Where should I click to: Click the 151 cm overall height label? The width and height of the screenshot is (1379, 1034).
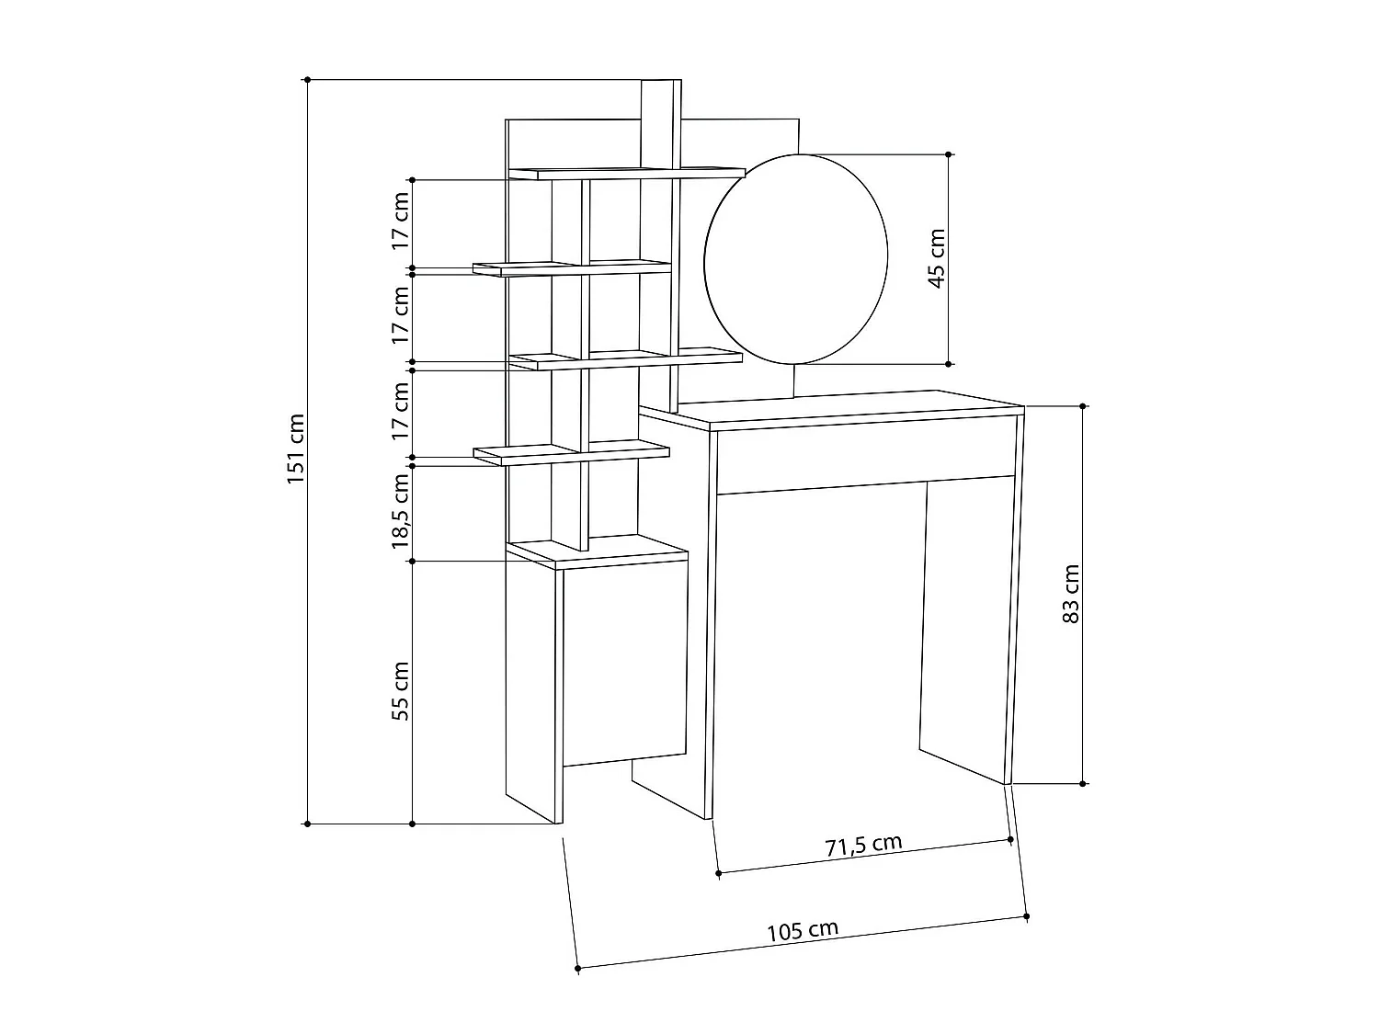(x=296, y=449)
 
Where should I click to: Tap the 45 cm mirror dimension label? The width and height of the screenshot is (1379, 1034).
(x=937, y=258)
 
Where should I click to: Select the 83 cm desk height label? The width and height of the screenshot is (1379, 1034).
(x=1070, y=594)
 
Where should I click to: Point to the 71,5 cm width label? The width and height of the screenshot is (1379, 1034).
(x=863, y=845)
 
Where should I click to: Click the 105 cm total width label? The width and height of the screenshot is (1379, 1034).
(x=803, y=931)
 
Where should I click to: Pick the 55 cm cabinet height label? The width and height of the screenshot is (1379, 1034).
(x=400, y=691)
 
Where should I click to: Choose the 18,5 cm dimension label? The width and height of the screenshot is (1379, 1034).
(x=400, y=511)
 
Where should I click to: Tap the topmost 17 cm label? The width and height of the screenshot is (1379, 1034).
(x=400, y=221)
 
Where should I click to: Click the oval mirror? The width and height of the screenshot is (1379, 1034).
(x=796, y=259)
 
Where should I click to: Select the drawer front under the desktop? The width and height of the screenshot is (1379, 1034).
(x=866, y=454)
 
